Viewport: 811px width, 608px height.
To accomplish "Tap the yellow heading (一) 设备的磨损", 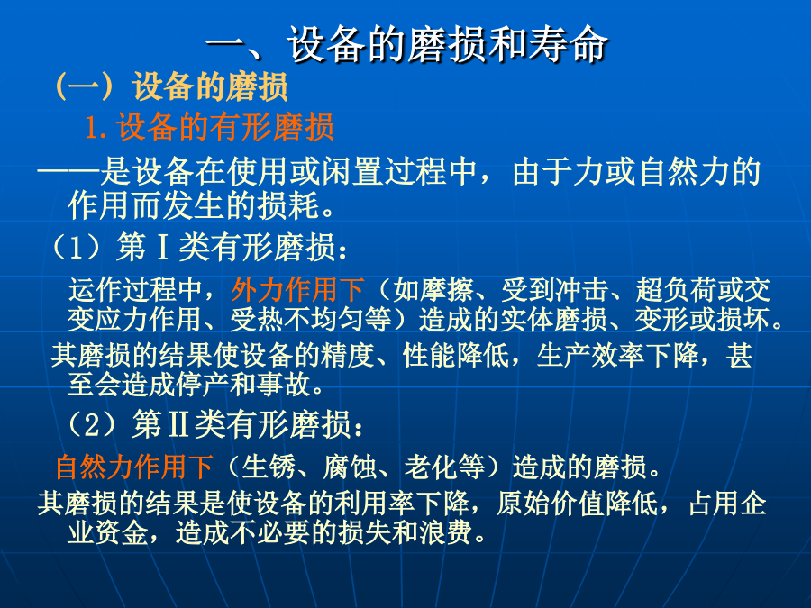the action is coord(170,86).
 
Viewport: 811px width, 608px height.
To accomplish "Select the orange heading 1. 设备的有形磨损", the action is coord(209,127).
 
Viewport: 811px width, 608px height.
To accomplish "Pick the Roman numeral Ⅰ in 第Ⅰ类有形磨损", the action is coord(162,247).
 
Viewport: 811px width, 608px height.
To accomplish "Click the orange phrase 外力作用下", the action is coord(297,289).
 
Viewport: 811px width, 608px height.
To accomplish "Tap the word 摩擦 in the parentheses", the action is coord(446,289).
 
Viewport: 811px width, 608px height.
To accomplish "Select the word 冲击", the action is coord(581,289).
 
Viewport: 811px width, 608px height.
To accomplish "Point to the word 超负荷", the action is coord(676,289).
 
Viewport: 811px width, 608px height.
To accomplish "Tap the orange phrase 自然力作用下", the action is coord(134,467).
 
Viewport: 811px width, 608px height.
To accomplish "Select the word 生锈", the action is coord(269,467).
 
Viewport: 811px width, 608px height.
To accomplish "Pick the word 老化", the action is coord(431,467).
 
